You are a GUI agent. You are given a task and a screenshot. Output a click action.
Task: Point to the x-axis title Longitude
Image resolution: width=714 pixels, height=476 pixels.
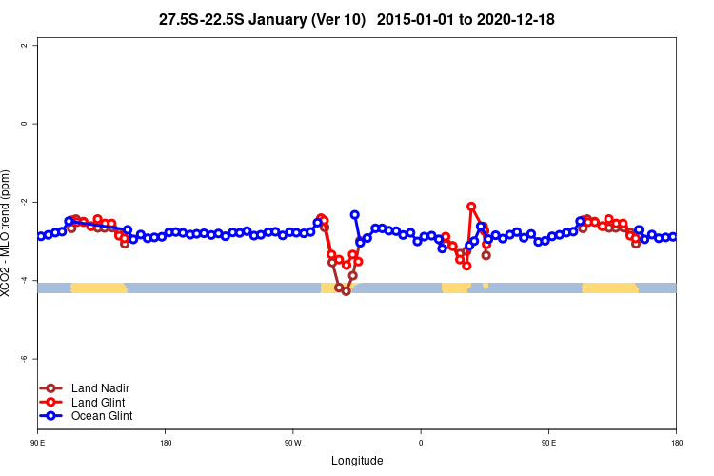(357, 461)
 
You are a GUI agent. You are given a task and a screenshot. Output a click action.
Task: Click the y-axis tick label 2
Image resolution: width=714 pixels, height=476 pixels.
(35, 46)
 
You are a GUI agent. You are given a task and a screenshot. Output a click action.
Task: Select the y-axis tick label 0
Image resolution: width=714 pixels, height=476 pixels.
(35, 124)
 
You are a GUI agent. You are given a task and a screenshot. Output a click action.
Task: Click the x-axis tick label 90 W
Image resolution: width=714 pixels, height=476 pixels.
(292, 443)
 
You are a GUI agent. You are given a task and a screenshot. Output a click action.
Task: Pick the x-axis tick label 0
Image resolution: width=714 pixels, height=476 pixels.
(421, 443)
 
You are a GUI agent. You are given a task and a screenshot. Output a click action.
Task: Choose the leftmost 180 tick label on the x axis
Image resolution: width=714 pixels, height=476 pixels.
(166, 443)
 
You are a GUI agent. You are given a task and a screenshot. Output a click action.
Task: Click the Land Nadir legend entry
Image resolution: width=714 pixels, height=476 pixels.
(100, 387)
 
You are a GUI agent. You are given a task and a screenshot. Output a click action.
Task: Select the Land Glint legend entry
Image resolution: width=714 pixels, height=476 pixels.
(99, 402)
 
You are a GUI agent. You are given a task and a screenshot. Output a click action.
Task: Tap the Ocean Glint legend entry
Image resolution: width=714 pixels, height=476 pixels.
(102, 416)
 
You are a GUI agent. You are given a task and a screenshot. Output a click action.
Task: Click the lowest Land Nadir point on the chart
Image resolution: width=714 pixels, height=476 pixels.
(347, 291)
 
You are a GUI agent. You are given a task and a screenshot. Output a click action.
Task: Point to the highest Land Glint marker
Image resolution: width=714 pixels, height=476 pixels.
(471, 207)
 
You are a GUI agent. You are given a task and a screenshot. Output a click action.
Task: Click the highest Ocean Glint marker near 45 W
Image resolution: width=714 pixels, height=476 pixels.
(355, 215)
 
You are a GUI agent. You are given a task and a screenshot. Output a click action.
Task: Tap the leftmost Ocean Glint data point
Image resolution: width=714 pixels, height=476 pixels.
(41, 236)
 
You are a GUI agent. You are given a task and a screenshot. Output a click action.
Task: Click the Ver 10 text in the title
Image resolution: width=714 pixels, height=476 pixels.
(345, 19)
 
